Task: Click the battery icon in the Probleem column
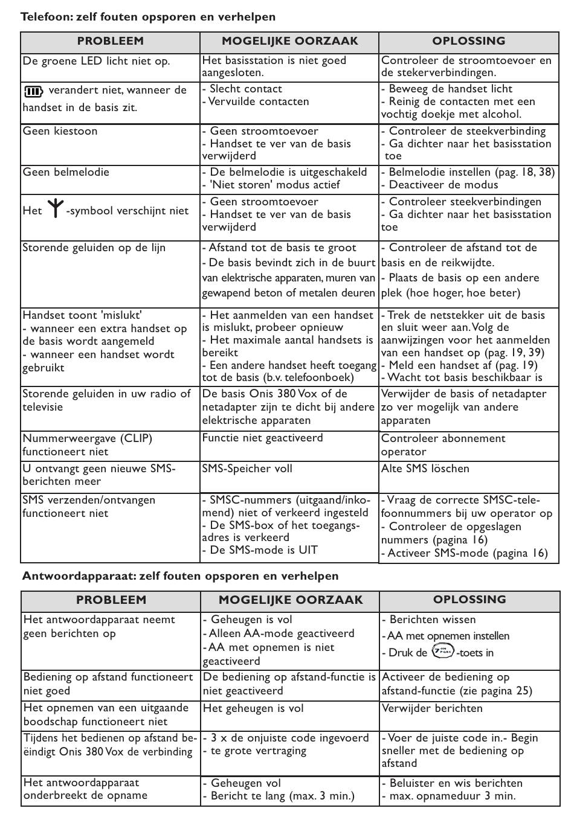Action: pyautogui.click(x=33, y=91)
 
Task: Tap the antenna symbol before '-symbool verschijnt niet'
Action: pyautogui.click(x=55, y=209)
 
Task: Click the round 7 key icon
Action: pyautogui.click(x=443, y=652)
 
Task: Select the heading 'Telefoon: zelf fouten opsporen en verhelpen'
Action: pyautogui.click(x=148, y=17)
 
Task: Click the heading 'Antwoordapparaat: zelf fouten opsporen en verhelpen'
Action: pyautogui.click(x=181, y=575)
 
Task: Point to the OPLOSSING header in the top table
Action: pyautogui.click(x=468, y=41)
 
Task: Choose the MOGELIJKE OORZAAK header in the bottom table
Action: pyautogui.click(x=291, y=600)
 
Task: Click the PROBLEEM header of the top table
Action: pyautogui.click(x=110, y=41)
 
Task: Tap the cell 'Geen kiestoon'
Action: pyautogui.click(x=60, y=131)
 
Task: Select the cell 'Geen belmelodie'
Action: pyautogui.click(x=66, y=172)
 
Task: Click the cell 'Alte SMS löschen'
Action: pyautogui.click(x=425, y=469)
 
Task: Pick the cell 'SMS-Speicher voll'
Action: pyautogui.click(x=247, y=469)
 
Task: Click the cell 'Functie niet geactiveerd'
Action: pyautogui.click(x=262, y=438)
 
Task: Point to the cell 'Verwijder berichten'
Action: pyautogui.click(x=432, y=708)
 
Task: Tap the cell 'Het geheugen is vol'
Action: pyautogui.click(x=253, y=708)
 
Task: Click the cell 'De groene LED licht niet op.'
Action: pyautogui.click(x=96, y=61)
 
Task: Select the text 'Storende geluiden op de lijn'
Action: pyautogui.click(x=94, y=248)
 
